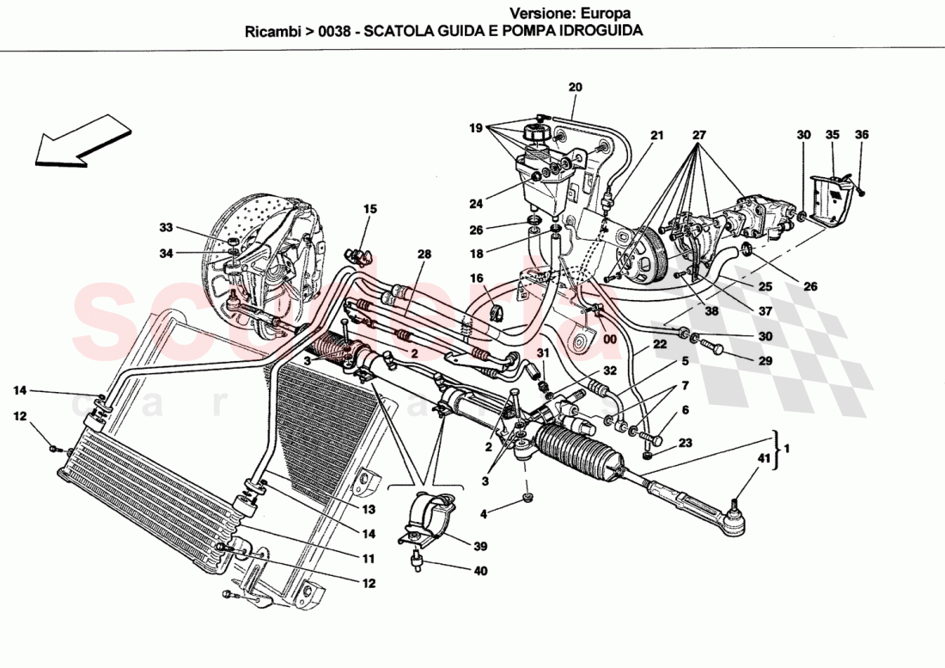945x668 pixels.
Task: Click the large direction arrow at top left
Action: [82, 139]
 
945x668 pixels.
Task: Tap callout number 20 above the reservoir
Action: [575, 87]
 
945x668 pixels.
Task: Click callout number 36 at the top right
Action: [862, 134]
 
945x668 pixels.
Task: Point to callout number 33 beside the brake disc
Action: [166, 228]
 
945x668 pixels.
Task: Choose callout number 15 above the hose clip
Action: [369, 209]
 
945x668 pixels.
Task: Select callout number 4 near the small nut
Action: [483, 514]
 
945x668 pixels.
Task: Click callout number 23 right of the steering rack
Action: [685, 444]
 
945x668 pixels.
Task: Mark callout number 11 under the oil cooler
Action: [368, 559]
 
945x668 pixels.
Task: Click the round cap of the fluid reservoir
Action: [532, 136]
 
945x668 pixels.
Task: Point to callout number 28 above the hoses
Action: [423, 254]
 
